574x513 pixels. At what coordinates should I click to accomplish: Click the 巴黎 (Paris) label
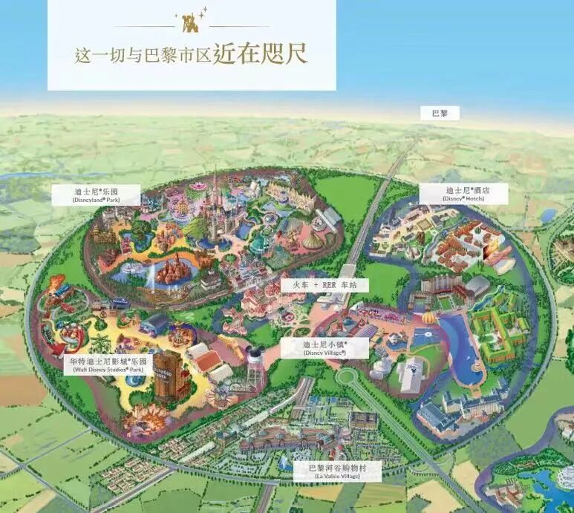[440, 114]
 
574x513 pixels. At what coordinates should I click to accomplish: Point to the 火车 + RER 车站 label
[324, 285]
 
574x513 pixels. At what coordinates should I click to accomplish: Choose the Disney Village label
[325, 348]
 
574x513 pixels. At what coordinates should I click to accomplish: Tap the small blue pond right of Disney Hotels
[548, 215]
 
